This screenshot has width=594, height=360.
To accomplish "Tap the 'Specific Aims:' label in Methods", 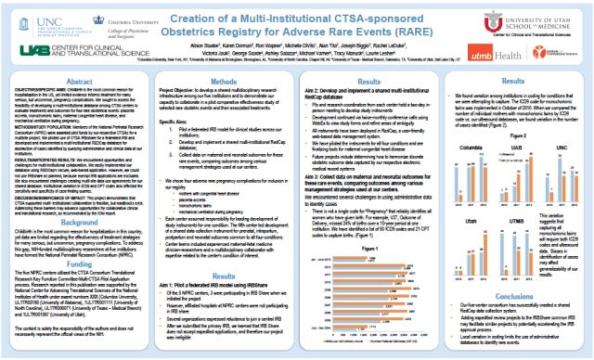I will pos(170,120).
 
